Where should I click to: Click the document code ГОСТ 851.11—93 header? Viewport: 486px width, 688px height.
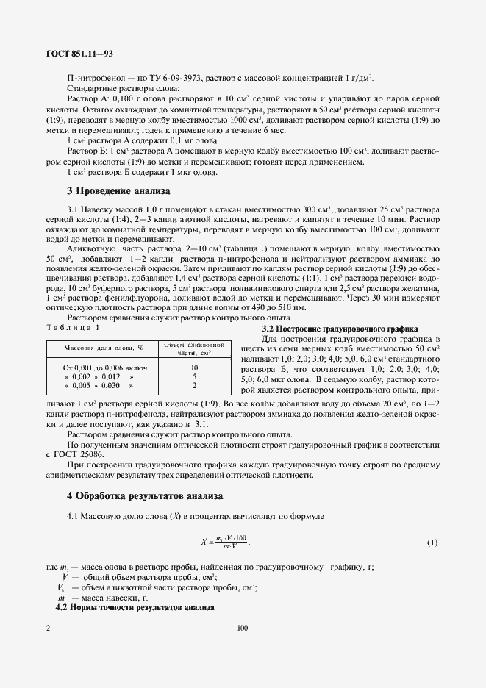(81, 53)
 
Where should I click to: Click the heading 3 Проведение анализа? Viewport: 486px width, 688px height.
(118, 190)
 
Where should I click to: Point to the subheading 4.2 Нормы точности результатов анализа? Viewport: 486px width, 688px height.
(135, 609)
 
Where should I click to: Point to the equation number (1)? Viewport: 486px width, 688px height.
(432, 542)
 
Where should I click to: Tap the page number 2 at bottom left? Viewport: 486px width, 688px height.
(48, 628)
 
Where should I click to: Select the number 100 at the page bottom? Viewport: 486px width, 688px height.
(243, 628)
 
